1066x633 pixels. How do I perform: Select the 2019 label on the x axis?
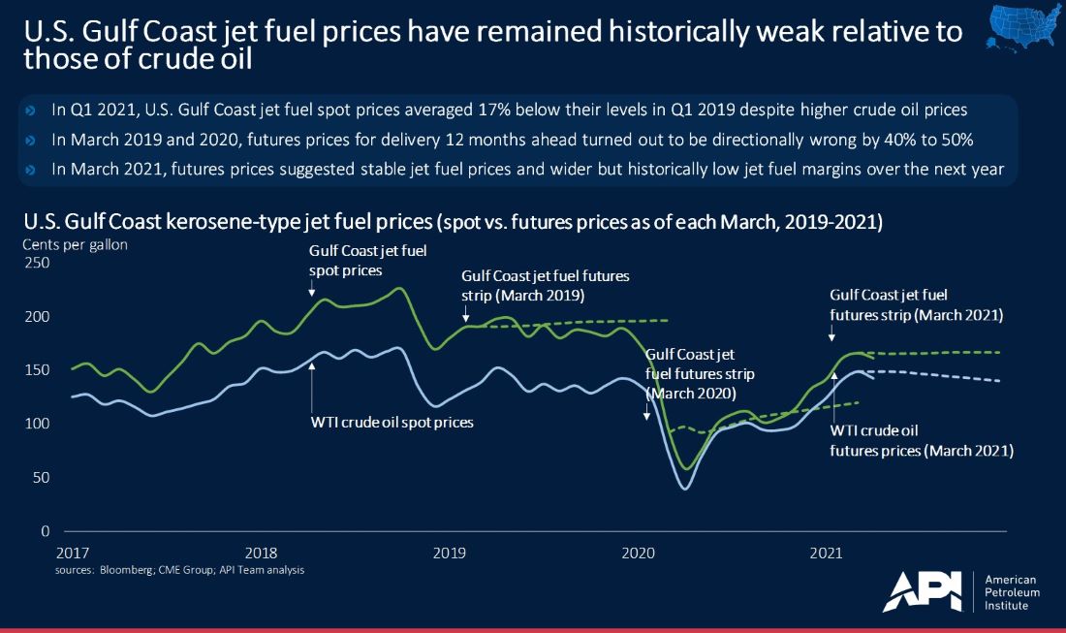pos(449,554)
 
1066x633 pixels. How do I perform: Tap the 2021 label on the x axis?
pos(825,554)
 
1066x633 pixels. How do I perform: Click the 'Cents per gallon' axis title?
pos(75,244)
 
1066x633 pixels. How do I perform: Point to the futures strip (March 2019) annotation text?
pos(545,284)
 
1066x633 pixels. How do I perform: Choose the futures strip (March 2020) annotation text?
pos(700,373)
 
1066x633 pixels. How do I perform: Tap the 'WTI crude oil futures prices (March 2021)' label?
pos(922,441)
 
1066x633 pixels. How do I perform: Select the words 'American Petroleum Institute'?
pos(1014,591)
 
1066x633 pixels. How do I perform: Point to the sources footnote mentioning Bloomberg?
pos(180,570)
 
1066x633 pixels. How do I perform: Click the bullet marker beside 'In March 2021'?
pos(29,171)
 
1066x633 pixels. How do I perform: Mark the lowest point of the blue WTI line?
pos(686,488)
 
